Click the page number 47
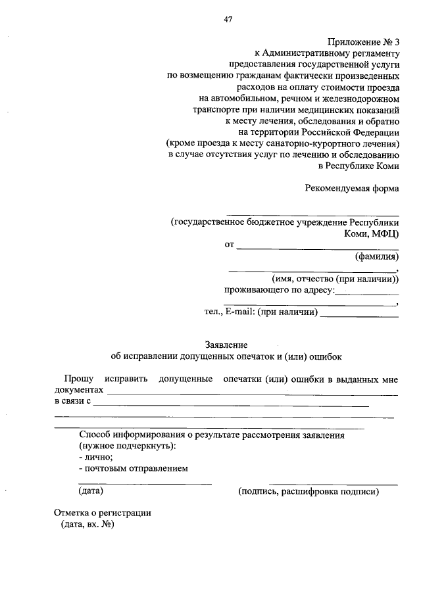[x=228, y=19]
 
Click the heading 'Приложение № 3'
[x=363, y=42]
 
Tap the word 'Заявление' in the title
[x=226, y=344]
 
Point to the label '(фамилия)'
[x=376, y=256]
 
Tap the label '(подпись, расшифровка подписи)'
[x=309, y=491]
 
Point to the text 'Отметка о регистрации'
[x=103, y=513]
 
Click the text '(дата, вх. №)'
[x=86, y=525]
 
